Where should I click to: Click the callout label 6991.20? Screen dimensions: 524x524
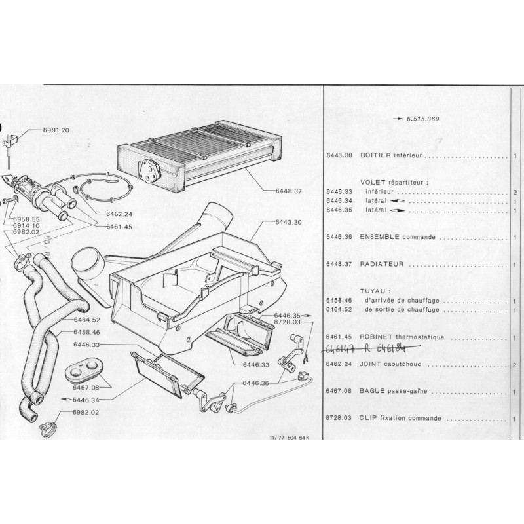click(56, 130)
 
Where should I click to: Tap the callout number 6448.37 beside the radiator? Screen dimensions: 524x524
click(289, 191)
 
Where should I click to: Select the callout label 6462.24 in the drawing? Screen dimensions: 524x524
click(119, 214)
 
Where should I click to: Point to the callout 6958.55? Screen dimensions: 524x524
click(26, 219)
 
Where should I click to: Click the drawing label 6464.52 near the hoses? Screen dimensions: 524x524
click(87, 320)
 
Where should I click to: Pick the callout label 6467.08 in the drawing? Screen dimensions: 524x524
click(86, 388)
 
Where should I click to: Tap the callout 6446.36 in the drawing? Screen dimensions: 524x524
click(256, 383)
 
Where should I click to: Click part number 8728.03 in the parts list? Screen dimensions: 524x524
click(339, 418)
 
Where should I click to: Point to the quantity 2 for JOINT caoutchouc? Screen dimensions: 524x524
click(515, 365)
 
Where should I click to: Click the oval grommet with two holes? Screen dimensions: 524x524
click(84, 369)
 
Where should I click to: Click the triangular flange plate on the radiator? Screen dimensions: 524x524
click(149, 170)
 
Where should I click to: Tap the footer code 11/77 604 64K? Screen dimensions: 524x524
click(288, 439)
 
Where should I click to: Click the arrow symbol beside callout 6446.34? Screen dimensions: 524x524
click(67, 400)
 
